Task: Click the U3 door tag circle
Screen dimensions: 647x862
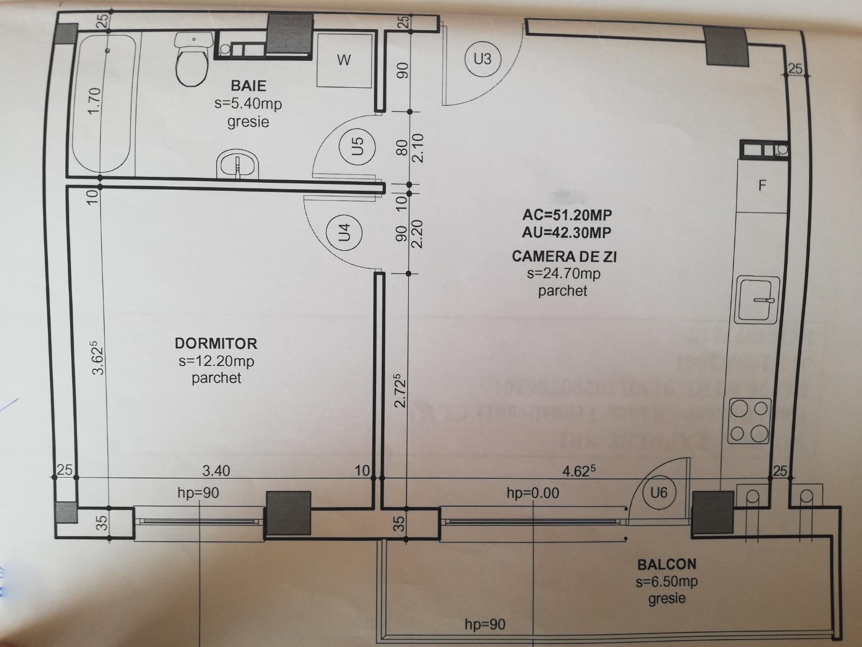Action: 482,58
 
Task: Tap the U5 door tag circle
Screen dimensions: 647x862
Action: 358,146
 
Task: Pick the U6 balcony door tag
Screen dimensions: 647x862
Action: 658,492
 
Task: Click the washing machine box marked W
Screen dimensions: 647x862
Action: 344,60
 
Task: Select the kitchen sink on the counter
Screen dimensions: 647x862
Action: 758,300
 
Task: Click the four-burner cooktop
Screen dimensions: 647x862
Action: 749,421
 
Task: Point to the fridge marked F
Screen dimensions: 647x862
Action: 761,186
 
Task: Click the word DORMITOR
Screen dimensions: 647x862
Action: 216,343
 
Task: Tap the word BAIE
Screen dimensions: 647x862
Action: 248,85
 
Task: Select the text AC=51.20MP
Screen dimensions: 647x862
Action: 567,215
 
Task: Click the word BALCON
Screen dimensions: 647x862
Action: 666,565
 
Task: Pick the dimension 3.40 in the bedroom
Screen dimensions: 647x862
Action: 216,471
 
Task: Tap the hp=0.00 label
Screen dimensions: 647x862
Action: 533,492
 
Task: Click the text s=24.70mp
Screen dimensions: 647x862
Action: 564,274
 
